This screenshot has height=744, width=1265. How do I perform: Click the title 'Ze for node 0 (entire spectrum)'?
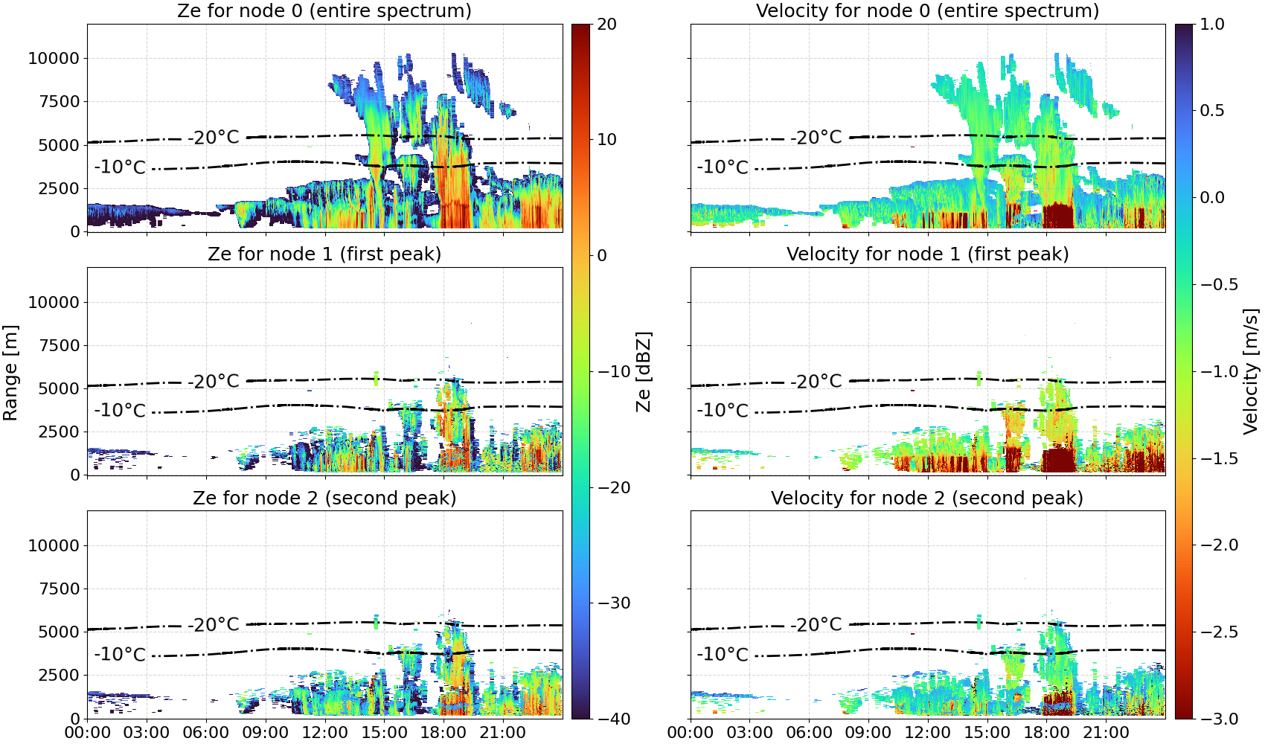(324, 10)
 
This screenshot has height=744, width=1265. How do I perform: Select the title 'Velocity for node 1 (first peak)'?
(927, 254)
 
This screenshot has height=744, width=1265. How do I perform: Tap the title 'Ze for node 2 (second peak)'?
(324, 498)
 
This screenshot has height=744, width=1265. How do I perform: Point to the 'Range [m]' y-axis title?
(10, 372)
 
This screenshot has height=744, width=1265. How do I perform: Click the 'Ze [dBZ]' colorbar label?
(643, 371)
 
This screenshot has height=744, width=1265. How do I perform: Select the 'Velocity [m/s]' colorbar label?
(1251, 371)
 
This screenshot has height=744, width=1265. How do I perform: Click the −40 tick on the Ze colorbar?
(613, 719)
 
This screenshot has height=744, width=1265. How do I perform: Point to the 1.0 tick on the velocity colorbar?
(1212, 25)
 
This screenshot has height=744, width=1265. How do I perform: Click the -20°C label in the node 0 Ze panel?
(214, 137)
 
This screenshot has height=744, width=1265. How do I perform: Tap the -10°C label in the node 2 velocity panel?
(723, 654)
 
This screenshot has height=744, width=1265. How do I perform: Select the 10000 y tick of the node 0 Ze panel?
(54, 58)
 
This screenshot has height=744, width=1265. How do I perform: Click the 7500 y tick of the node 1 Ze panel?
(59, 345)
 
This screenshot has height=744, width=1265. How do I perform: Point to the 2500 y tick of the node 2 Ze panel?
(59, 675)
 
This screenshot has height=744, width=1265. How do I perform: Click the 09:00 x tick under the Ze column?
(266, 733)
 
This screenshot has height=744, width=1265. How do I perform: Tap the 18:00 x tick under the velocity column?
(1046, 733)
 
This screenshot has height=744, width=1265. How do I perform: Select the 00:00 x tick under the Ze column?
(88, 733)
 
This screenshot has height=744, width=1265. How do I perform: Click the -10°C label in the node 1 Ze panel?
(120, 411)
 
